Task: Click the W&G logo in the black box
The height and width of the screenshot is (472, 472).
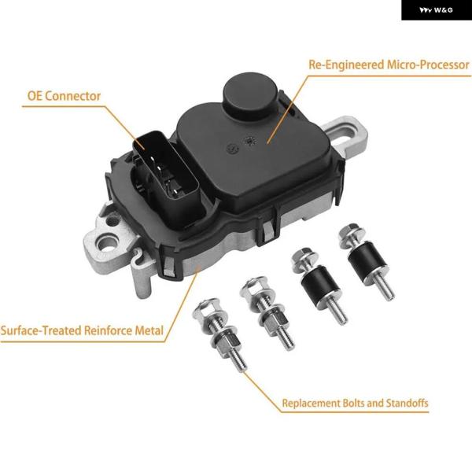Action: point(436,10)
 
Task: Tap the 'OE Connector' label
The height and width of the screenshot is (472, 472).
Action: point(64,96)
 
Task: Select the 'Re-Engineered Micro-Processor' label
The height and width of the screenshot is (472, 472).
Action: point(389,65)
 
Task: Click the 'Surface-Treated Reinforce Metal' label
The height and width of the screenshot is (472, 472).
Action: point(82,330)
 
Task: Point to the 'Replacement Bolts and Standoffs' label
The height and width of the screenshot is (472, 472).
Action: point(355,403)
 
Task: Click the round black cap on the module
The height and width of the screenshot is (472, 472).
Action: point(250,91)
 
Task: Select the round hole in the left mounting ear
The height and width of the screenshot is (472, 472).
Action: point(106,242)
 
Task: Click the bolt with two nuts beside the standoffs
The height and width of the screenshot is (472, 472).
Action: point(267,313)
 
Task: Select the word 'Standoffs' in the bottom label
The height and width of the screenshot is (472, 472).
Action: point(407,403)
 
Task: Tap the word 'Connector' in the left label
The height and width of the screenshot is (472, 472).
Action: point(72,96)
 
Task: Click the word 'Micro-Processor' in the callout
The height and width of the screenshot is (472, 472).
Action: point(428,65)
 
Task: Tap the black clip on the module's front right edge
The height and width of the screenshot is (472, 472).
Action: point(266,232)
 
